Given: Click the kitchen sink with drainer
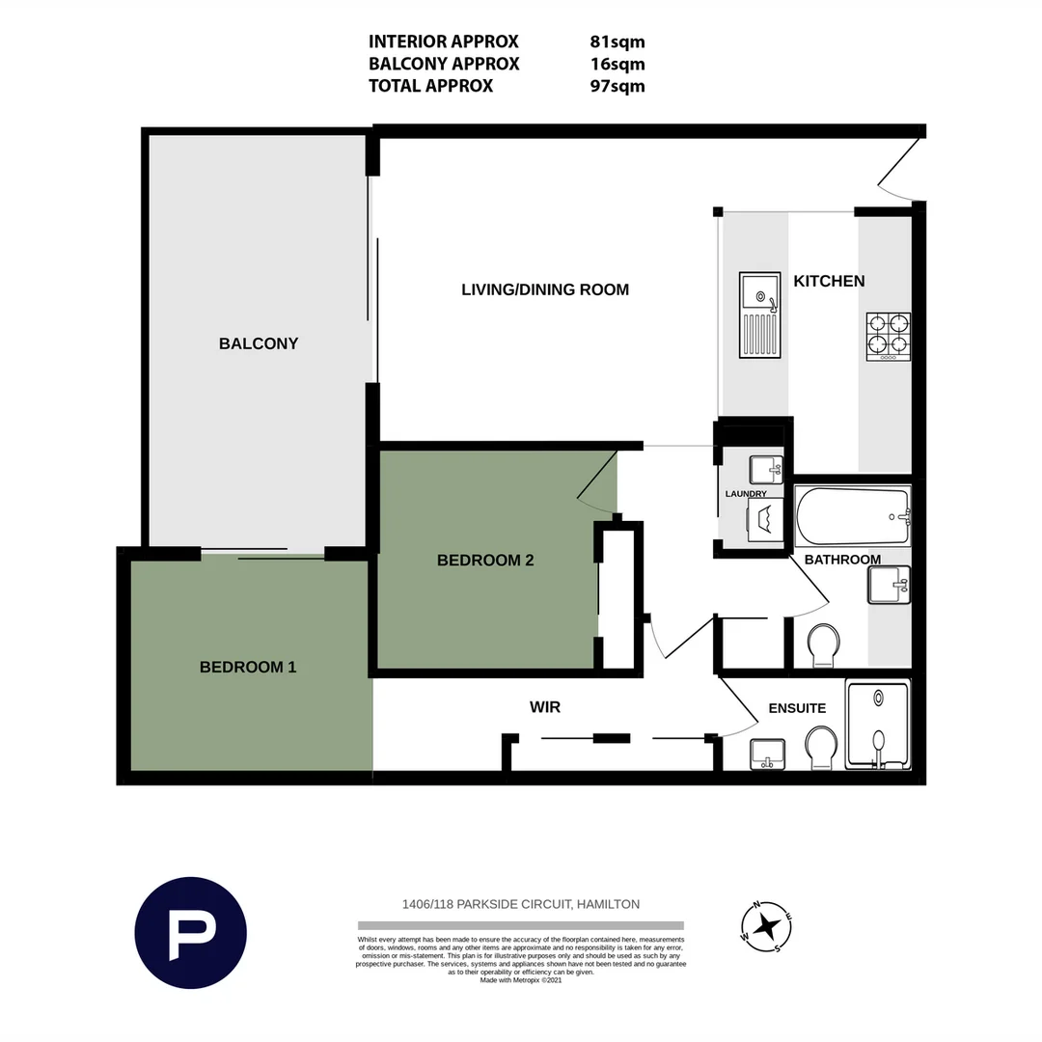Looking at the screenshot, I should coord(760,315).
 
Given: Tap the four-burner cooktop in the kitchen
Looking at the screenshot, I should coord(889,335).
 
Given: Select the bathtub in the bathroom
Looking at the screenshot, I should coord(852,516).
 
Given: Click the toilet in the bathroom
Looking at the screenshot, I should coord(823,644).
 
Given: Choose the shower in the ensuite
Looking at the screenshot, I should coord(877,725).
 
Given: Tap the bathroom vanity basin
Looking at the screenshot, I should coord(888,585).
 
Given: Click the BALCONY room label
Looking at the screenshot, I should coord(259,343).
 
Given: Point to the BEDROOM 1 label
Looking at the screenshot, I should coord(248,667).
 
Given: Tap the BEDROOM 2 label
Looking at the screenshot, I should coord(485,561).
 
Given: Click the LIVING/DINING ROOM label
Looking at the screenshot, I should coord(545,289).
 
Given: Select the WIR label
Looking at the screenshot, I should coord(545,707).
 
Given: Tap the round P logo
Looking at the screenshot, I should coord(190,933).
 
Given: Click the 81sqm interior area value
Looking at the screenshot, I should coord(617,41).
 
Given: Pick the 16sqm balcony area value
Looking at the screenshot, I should coord(617,64).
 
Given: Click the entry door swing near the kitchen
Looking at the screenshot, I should coord(899,174).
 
